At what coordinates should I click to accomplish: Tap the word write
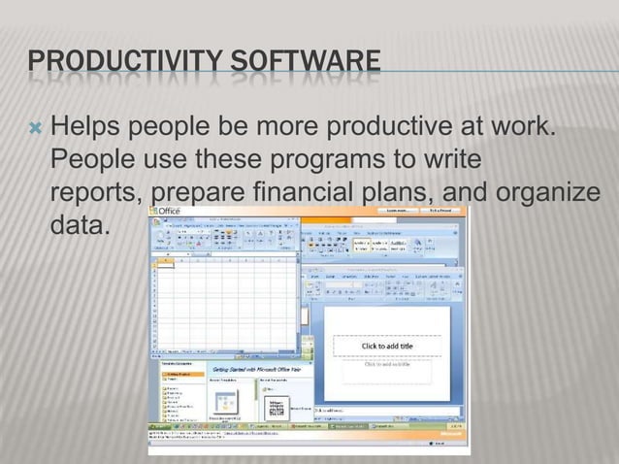[450, 158]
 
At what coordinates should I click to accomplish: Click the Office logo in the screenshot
[165, 213]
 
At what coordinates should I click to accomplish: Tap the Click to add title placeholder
[386, 347]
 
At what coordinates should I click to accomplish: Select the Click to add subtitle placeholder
[386, 366]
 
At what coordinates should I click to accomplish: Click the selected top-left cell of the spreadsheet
[166, 266]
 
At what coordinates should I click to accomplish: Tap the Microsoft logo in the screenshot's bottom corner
[449, 438]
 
